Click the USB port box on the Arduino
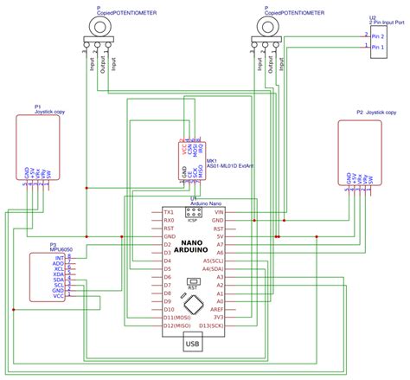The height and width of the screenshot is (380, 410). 191,345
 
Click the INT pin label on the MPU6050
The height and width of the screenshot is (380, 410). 60,258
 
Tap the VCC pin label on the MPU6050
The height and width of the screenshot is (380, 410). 59,297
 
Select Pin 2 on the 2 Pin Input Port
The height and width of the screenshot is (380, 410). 379,36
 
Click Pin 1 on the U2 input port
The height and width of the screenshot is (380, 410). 379,49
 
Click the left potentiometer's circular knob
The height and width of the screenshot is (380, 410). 100,27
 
